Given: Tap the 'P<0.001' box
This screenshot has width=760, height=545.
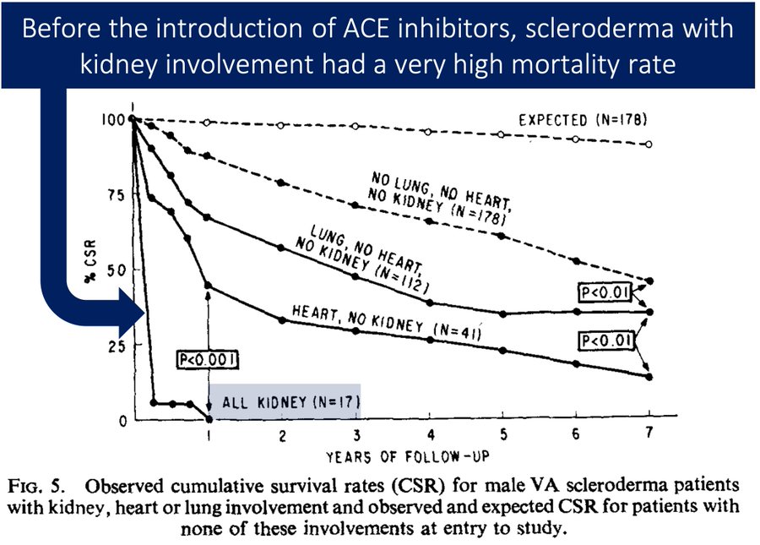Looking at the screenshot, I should [x=207, y=360].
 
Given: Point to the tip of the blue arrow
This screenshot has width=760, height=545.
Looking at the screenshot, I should [x=144, y=316].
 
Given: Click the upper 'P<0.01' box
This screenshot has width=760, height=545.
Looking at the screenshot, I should [x=604, y=292].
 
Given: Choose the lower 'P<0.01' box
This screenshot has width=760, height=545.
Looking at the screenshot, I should [x=604, y=340].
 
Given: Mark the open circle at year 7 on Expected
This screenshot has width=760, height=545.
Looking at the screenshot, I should [x=649, y=144].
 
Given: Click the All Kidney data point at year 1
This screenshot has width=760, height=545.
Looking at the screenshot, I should [x=209, y=419].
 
